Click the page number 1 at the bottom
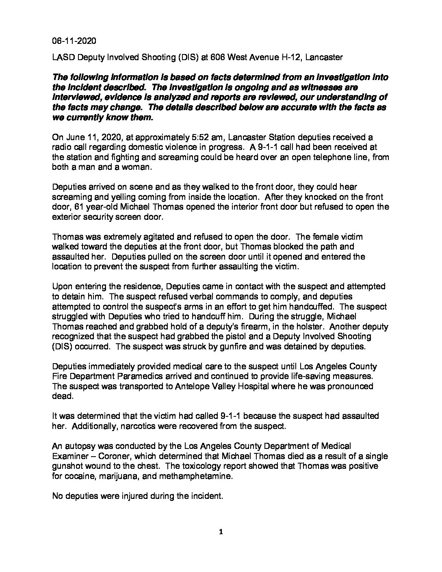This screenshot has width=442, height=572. point(221,533)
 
